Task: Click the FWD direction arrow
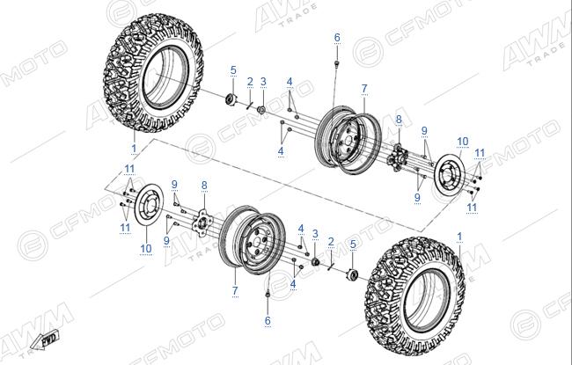point(45,339)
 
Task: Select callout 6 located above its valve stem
point(337,38)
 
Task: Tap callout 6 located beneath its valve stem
point(268,321)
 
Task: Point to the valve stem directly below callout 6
point(336,65)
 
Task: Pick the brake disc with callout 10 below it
point(149,206)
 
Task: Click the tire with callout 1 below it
point(154,73)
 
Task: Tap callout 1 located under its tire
point(134,149)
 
